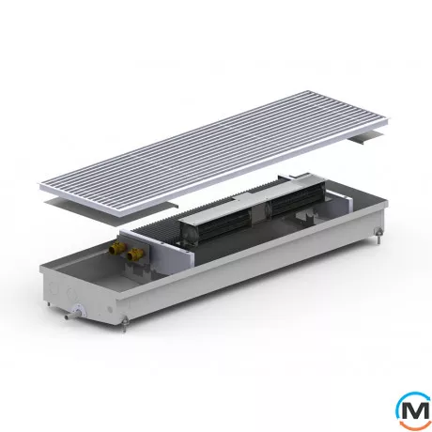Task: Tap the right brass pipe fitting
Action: [135, 254]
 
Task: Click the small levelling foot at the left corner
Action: [48, 304]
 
